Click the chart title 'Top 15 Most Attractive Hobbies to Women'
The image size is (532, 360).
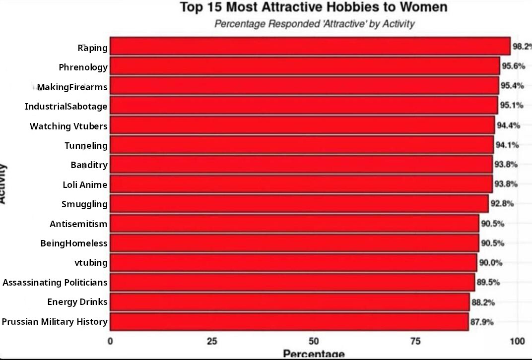click(x=314, y=7)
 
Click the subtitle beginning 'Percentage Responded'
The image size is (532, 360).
click(x=315, y=24)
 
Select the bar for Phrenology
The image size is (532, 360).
click(x=305, y=66)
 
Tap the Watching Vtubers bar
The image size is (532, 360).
click(x=302, y=125)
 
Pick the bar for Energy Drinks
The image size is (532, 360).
click(x=290, y=302)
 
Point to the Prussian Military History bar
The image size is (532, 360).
click(x=289, y=322)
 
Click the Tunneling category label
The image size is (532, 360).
click(x=86, y=146)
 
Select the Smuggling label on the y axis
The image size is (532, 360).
click(x=84, y=204)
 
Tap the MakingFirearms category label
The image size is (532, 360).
click(x=72, y=87)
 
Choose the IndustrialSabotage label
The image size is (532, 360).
click(x=66, y=107)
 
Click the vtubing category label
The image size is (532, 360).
click(x=91, y=263)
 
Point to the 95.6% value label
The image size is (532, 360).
click(x=513, y=66)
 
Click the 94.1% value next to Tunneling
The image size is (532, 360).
click(x=507, y=145)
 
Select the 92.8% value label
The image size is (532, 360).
click(x=502, y=204)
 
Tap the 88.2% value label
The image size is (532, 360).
click(x=483, y=302)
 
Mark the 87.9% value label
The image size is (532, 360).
click(x=482, y=322)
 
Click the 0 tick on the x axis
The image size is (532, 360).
click(x=110, y=341)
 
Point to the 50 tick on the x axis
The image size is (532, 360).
click(x=314, y=341)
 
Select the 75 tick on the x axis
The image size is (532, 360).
click(x=415, y=341)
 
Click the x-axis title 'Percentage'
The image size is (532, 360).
click(x=314, y=354)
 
